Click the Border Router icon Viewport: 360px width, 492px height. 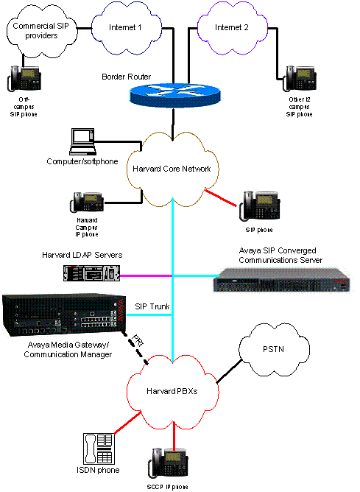[x=174, y=95]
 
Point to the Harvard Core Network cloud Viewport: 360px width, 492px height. [x=172, y=169]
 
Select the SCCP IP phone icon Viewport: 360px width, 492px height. [x=167, y=461]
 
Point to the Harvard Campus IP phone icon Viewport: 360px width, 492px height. [x=86, y=203]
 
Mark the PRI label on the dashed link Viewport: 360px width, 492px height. [x=137, y=342]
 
